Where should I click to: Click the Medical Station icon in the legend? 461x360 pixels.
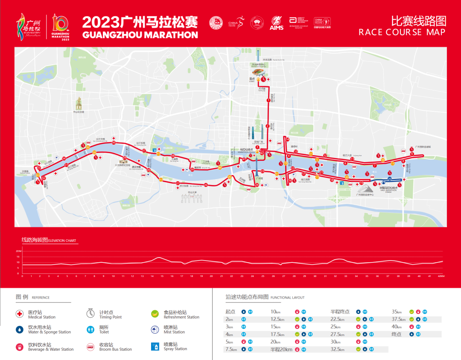click(19, 314)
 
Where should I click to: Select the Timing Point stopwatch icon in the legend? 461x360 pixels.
click(90, 314)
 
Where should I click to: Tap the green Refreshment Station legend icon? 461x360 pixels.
click(155, 314)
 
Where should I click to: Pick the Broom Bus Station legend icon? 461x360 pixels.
click(90, 347)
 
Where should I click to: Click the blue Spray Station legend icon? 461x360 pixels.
click(155, 347)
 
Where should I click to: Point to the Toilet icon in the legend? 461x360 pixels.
click(90, 330)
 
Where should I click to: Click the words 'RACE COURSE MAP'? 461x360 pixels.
click(402, 32)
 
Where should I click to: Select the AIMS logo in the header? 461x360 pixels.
click(277, 23)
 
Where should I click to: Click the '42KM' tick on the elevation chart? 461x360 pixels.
click(442, 276)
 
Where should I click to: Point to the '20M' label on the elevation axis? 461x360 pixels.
click(19, 251)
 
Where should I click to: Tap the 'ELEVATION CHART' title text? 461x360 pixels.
click(62, 241)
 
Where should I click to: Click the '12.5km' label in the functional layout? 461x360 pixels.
click(277, 319)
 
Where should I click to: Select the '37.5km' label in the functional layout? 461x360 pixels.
click(399, 319)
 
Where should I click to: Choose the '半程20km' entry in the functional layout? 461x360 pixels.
click(281, 349)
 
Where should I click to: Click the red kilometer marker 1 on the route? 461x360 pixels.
click(268, 100)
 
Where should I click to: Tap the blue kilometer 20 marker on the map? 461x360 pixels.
click(389, 179)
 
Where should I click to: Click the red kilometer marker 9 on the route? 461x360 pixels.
click(412, 154)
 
